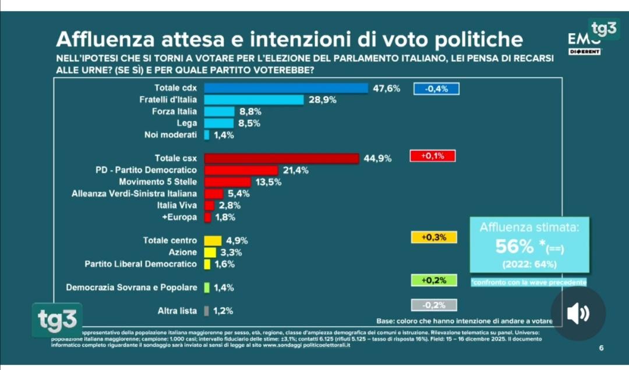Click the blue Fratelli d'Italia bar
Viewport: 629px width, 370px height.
click(x=254, y=100)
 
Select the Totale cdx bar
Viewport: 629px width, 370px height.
click(x=286, y=88)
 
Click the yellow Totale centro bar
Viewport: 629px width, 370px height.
click(x=213, y=241)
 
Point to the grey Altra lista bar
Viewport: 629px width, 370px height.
click(x=207, y=311)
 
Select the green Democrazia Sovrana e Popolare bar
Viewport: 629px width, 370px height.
click(x=207, y=287)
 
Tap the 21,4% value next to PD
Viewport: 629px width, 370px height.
click(x=295, y=170)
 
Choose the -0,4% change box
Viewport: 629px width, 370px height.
click(x=436, y=89)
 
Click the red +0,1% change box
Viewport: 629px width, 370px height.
click(x=433, y=156)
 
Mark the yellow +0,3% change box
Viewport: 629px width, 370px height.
click(x=434, y=237)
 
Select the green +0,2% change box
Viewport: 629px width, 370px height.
click(x=434, y=280)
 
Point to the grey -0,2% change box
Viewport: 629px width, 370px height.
click(x=434, y=305)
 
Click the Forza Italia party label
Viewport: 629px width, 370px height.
click(x=174, y=112)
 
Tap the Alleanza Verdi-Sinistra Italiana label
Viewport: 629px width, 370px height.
click(x=134, y=194)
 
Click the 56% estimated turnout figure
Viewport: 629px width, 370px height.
click(x=514, y=247)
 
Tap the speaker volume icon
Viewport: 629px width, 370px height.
click(x=578, y=314)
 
